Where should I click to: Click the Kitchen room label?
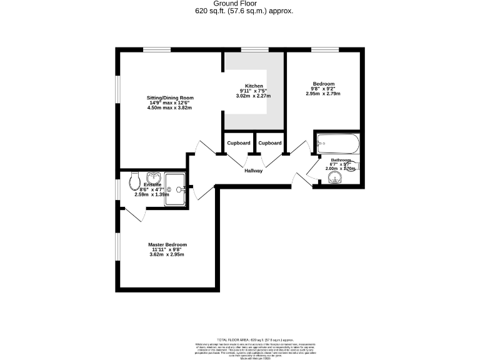[254, 86]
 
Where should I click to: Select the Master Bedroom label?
[167, 244]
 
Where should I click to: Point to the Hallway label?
[253, 171]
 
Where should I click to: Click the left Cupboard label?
[238, 143]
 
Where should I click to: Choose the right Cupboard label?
[270, 143]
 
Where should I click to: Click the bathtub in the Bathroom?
[337, 144]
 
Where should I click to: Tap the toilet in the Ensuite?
[134, 182]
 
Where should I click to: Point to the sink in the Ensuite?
[154, 177]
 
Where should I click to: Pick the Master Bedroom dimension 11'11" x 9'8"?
[167, 249]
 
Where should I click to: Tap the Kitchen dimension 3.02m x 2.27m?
[253, 96]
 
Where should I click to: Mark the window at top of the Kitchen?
[251, 49]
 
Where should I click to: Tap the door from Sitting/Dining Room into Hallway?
[202, 150]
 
